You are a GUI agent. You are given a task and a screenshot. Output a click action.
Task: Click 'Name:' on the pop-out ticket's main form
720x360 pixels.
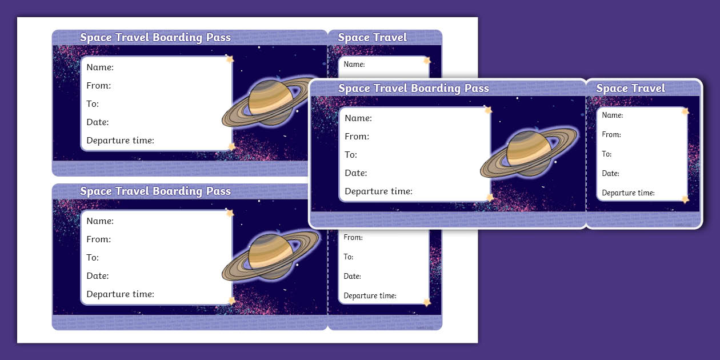358,118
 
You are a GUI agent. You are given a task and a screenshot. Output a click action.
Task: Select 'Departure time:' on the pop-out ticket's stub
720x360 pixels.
628,193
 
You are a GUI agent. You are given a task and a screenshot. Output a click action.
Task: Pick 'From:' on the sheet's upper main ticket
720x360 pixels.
99,86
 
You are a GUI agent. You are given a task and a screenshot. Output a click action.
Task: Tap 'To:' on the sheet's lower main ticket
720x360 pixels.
93,258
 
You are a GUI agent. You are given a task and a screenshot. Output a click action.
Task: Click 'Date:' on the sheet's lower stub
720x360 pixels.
352,277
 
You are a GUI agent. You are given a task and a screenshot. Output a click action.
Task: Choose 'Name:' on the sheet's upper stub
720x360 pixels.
354,65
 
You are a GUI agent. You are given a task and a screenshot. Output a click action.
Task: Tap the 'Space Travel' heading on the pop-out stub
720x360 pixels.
630,89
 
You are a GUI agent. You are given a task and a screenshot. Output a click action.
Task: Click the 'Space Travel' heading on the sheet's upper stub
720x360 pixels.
372,38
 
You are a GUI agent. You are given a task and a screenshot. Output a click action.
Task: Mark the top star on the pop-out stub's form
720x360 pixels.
685,111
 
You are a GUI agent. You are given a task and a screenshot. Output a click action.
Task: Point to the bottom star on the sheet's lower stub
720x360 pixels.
426,302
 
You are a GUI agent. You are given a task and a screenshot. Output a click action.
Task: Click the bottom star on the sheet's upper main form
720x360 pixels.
231,147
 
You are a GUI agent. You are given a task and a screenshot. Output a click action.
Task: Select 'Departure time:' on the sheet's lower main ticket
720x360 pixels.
120,294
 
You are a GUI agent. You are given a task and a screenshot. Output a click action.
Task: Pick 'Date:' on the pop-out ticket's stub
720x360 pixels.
610,174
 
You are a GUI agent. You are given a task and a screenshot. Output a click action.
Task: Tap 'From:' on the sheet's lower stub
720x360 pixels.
353,238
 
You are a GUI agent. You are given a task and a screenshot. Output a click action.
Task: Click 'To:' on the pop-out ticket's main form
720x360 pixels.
351,155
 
